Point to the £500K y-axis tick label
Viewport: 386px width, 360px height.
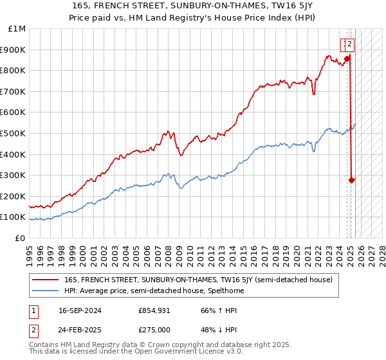coord(14,133)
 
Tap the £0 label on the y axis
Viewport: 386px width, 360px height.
coord(20,238)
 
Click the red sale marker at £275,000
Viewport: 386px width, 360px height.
coord(352,180)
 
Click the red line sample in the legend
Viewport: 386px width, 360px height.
coord(44,280)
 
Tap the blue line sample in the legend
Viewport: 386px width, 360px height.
coord(44,291)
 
